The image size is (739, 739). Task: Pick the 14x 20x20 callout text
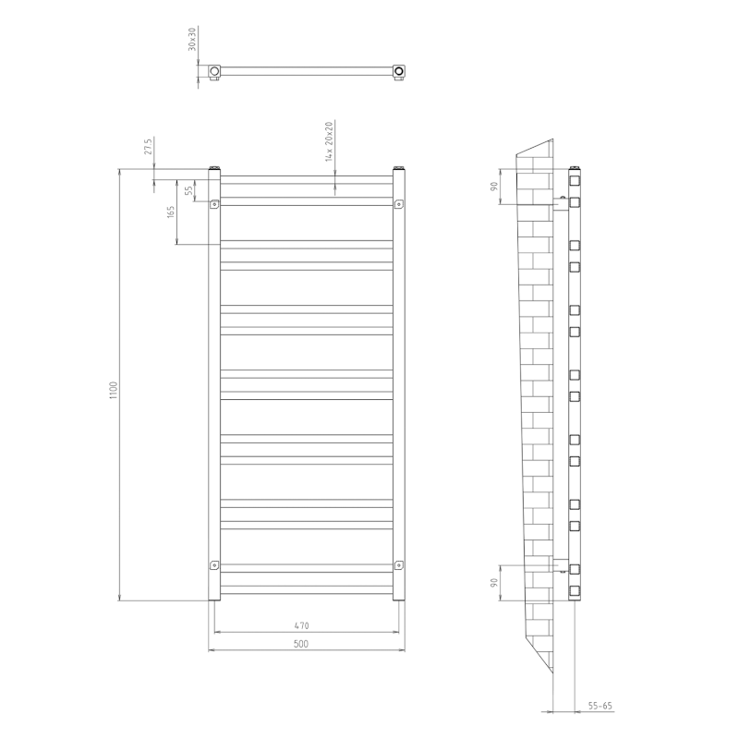pyautogui.click(x=328, y=141)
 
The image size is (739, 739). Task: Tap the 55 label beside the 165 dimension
pyautogui.click(x=189, y=191)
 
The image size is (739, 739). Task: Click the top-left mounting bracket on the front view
pyautogui.click(x=215, y=204)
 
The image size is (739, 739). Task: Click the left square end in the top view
pyautogui.click(x=214, y=70)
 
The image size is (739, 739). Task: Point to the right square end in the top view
pyautogui.click(x=399, y=70)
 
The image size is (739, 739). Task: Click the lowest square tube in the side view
pyautogui.click(x=574, y=589)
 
